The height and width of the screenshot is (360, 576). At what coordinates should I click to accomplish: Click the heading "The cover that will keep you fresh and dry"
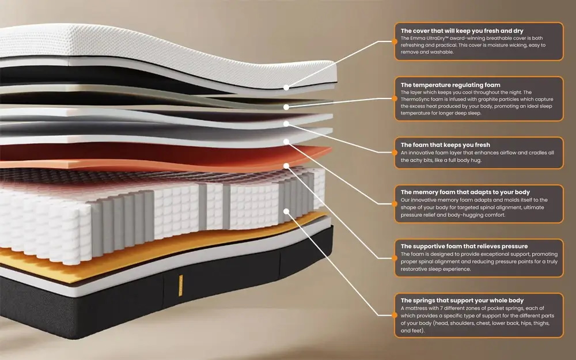pos(462,31)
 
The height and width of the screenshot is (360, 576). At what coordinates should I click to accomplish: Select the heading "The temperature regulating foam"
pos(450,85)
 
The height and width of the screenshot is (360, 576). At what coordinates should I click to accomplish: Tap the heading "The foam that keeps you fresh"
pos(445,145)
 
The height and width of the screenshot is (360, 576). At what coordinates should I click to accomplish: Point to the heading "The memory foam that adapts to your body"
pos(465,192)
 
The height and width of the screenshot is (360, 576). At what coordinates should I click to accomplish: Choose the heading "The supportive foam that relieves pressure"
pos(464,246)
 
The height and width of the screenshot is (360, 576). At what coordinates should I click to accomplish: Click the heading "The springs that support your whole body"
pos(462,301)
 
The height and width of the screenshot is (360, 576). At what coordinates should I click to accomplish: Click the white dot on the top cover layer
pos(286,88)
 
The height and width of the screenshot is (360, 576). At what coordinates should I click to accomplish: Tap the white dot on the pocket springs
pos(286,211)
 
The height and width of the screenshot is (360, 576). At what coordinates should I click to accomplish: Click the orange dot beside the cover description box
pos(395,41)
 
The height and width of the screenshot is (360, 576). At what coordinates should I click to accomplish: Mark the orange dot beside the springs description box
pos(395,315)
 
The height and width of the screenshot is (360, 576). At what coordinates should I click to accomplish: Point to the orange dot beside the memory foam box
pos(395,204)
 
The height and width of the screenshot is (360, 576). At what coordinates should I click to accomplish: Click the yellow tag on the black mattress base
pos(180,286)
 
